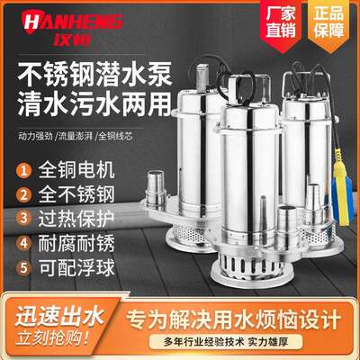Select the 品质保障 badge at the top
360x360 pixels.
pos(326,23)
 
